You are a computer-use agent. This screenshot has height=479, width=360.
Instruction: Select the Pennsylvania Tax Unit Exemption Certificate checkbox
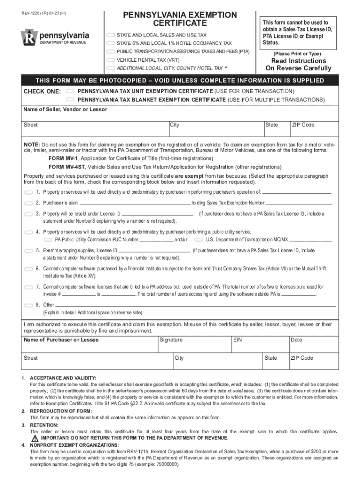tap(71, 91)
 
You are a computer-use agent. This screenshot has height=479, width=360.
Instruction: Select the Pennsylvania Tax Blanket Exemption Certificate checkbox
tap(71, 100)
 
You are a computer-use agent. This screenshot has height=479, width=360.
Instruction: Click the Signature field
tap(194, 346)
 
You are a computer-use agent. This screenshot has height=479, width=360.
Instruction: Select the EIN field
tap(260, 346)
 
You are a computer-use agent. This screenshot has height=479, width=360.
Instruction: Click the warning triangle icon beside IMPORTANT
tap(35, 439)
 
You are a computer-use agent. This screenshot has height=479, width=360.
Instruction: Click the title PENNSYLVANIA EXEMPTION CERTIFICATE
tap(180, 19)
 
